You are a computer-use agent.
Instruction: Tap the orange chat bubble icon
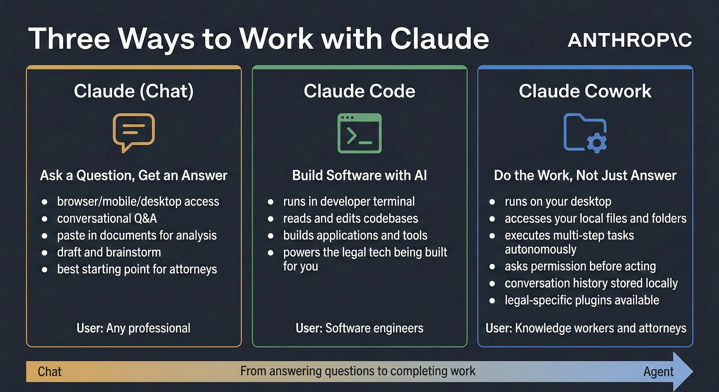pyautogui.click(x=134, y=131)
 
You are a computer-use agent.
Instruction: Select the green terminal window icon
pyautogui.click(x=359, y=133)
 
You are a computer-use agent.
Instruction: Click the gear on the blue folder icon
pyautogui.click(x=597, y=143)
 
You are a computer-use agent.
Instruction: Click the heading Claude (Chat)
pyautogui.click(x=134, y=91)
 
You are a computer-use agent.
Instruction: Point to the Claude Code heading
pyautogui.click(x=359, y=91)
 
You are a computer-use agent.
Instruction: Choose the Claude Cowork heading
pyautogui.click(x=585, y=91)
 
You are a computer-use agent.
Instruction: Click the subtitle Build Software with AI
pyautogui.click(x=359, y=176)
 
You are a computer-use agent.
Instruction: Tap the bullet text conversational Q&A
pyautogui.click(x=107, y=218)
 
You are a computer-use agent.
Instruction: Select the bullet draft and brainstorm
pyautogui.click(x=109, y=252)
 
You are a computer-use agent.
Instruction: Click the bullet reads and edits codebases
pyautogui.click(x=351, y=218)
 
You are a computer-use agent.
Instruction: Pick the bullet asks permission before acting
pyautogui.click(x=580, y=266)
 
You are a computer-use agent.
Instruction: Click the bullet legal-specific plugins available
pyautogui.click(x=582, y=300)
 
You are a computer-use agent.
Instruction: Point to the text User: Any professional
pyautogui.click(x=134, y=328)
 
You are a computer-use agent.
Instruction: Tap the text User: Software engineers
pyautogui.click(x=359, y=328)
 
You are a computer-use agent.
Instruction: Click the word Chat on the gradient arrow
pyautogui.click(x=50, y=372)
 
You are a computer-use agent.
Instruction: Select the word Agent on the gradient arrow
pyautogui.click(x=658, y=372)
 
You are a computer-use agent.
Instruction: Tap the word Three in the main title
pyautogui.click(x=69, y=39)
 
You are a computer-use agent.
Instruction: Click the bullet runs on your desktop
pyautogui.click(x=558, y=201)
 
